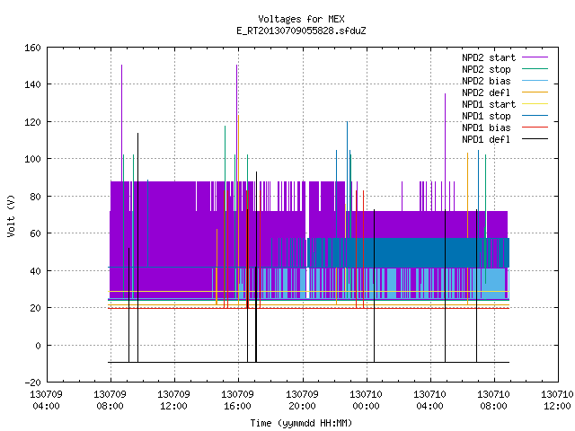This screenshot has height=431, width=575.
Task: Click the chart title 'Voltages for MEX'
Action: click(301, 19)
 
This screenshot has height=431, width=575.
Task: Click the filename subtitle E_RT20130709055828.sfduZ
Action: click(301, 31)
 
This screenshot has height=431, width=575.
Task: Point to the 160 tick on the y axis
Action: click(32, 48)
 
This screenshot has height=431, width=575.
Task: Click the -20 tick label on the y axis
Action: click(32, 383)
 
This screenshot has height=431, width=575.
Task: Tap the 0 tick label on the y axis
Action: click(38, 346)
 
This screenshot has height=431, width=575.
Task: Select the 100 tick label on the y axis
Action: click(32, 159)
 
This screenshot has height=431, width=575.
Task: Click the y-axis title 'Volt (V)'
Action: click(12, 215)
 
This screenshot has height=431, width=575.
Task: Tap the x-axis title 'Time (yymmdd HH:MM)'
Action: click(301, 423)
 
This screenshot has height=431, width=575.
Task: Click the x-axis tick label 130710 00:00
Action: click(366, 400)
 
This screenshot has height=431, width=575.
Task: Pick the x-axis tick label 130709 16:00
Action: click(237, 400)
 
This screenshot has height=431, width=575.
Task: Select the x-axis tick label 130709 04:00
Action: click(46, 400)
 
